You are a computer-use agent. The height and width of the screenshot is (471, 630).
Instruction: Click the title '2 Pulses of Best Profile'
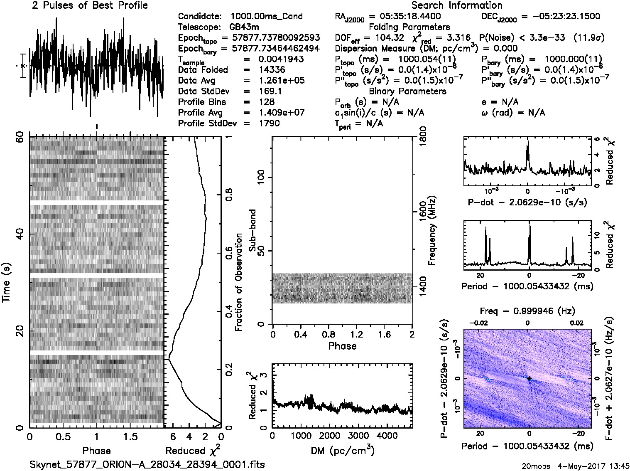[90, 6]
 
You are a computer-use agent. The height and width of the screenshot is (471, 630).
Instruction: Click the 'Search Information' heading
[457, 6]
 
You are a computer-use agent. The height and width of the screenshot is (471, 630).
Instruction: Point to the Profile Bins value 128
[266, 102]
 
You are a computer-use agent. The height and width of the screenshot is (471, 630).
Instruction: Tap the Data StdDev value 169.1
[270, 91]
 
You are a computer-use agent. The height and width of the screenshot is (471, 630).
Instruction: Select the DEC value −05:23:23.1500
[560, 17]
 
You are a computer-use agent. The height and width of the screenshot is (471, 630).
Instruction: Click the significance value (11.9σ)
[589, 38]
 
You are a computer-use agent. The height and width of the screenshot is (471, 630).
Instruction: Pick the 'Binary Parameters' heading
[407, 91]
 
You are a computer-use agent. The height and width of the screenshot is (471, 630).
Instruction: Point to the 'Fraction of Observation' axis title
[239, 282]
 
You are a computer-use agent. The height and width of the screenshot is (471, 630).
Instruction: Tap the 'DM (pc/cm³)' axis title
[342, 450]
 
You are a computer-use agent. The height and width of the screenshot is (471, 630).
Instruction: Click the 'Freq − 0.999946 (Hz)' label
[527, 311]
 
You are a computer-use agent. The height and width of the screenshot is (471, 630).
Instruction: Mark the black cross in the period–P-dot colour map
[529, 379]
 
